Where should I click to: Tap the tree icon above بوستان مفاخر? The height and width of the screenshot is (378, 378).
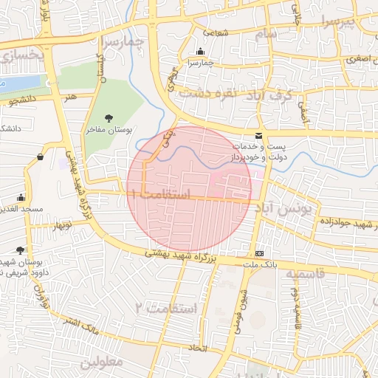(109, 117)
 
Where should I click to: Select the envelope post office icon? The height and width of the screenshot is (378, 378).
(258, 135)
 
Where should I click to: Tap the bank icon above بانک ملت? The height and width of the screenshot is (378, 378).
(258, 252)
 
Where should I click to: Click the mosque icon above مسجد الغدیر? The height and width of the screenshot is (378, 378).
(21, 198)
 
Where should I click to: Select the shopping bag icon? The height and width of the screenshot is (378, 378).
(39, 157)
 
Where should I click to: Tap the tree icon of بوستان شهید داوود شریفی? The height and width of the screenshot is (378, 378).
(30, 250)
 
